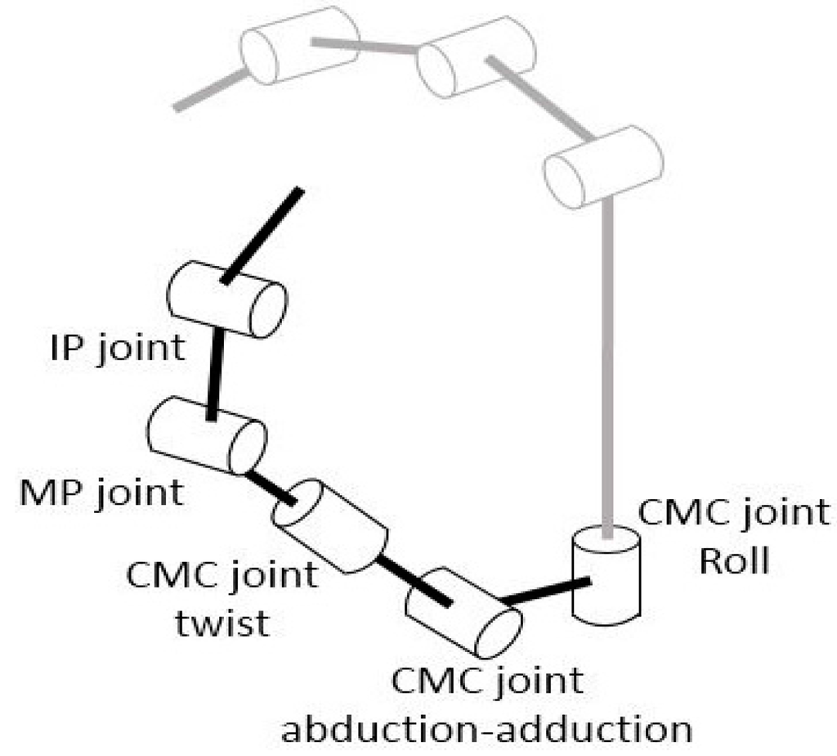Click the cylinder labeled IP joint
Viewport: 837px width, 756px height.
[226, 299]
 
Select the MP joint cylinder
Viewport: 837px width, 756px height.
[207, 435]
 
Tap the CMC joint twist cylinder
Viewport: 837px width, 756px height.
[329, 526]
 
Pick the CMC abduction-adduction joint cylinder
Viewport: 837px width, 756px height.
[463, 611]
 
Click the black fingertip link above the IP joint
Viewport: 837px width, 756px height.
[262, 234]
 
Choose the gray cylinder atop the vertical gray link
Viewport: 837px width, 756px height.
[603, 166]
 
